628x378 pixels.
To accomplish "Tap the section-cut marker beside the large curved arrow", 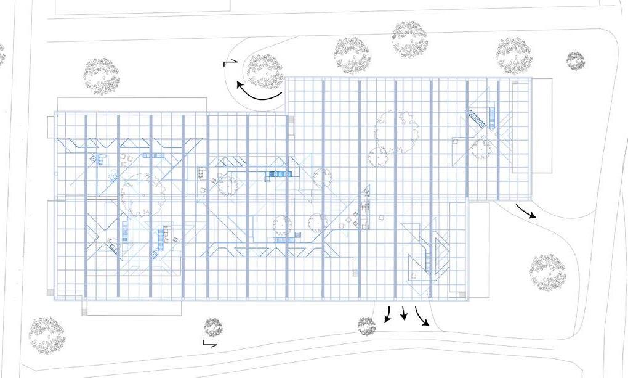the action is point(230,63).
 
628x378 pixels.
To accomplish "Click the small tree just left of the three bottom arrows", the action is point(367,326).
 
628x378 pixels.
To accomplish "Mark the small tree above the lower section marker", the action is point(214,327).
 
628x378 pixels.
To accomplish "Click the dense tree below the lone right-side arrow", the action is point(547,271).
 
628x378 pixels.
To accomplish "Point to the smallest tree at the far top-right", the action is point(576,60).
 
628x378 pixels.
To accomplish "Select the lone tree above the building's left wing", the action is point(102,76).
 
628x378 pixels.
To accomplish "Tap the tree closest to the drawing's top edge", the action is point(409,38).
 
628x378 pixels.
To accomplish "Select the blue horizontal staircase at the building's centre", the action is point(278,175).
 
